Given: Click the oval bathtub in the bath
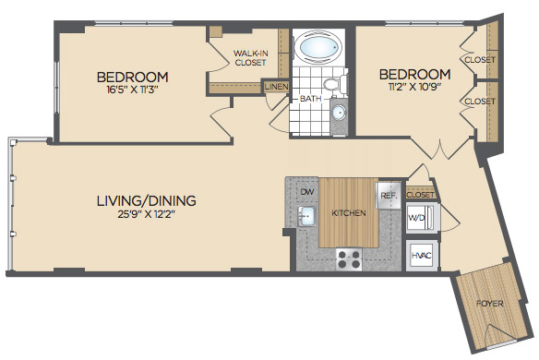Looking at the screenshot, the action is click(x=320, y=47).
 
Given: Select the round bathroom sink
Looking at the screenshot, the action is click(x=339, y=113).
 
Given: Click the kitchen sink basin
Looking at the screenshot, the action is click(x=306, y=216).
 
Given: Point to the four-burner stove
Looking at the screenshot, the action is click(x=349, y=258).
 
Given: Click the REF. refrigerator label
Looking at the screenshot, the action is click(x=389, y=196).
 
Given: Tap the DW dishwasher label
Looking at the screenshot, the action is click(x=307, y=191).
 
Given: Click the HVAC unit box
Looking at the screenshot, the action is click(x=422, y=256).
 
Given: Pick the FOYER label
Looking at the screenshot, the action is click(x=490, y=304).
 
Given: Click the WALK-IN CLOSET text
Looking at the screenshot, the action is click(x=251, y=58).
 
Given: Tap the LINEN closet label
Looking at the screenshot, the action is click(x=276, y=87).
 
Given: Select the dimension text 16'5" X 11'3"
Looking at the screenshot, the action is click(x=132, y=90).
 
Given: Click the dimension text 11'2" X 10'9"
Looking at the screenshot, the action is click(x=415, y=86).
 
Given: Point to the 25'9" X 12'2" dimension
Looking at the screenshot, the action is click(x=147, y=214).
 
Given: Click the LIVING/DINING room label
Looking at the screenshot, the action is click(x=147, y=200).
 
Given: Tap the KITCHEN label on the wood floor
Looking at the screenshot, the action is click(x=349, y=213).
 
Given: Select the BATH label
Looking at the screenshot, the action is click(x=311, y=99).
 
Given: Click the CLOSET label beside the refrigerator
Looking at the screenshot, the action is click(x=420, y=195).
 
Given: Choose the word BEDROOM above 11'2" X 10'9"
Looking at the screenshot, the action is click(x=415, y=74).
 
